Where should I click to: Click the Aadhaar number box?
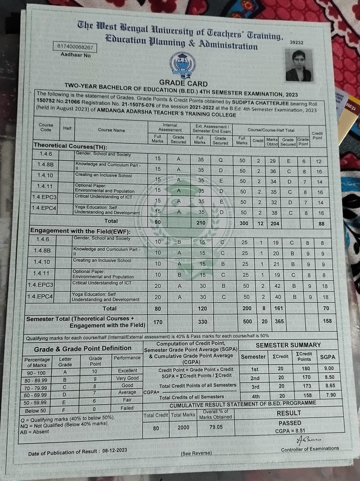74,47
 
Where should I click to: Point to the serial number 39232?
296,43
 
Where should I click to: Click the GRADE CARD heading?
183,83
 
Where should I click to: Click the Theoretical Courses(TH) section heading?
70,146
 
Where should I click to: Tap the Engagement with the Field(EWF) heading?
80,231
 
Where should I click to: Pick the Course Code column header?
46,127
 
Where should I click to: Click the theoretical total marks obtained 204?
275,223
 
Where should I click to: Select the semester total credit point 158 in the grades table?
327,321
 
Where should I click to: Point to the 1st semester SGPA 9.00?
329,369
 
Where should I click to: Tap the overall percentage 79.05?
216,427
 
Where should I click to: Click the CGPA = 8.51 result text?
290,431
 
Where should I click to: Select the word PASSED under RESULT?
290,423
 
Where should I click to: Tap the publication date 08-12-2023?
115,450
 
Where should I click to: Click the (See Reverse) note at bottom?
196,453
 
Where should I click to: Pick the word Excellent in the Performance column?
127,371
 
